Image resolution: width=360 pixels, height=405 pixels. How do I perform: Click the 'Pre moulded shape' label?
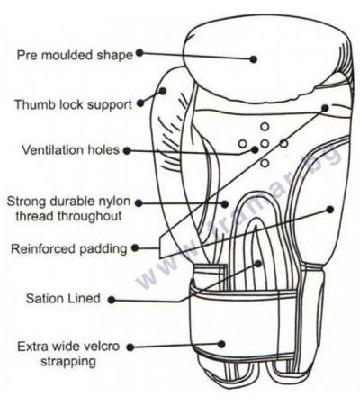(75, 56)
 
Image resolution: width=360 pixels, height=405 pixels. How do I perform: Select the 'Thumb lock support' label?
(74, 105)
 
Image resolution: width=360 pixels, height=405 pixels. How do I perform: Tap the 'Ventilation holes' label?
(71, 150)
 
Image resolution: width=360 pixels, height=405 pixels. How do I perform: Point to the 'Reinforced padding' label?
(69, 249)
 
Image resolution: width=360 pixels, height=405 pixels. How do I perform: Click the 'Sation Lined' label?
(63, 299)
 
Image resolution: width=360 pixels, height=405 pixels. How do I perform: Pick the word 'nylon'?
(114, 202)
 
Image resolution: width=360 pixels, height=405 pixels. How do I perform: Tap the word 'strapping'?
(68, 362)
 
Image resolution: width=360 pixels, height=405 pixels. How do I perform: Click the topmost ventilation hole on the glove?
(265, 127)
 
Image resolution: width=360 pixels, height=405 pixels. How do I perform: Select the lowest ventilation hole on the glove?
(265, 163)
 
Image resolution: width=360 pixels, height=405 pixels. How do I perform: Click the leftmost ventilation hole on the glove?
(243, 144)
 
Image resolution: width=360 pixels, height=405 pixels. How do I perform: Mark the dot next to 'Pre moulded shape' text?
(139, 53)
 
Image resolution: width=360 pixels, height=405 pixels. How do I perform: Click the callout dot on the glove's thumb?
(163, 91)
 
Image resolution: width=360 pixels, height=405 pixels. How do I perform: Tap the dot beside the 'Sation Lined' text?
(112, 300)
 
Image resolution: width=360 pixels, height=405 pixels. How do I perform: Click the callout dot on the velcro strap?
(221, 344)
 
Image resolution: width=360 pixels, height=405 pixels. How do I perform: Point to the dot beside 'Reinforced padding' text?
(135, 248)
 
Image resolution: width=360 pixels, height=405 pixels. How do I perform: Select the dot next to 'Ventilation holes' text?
(127, 150)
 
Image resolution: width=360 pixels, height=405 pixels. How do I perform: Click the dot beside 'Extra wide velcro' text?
(130, 347)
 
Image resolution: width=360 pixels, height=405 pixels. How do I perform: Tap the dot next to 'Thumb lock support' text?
(140, 103)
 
